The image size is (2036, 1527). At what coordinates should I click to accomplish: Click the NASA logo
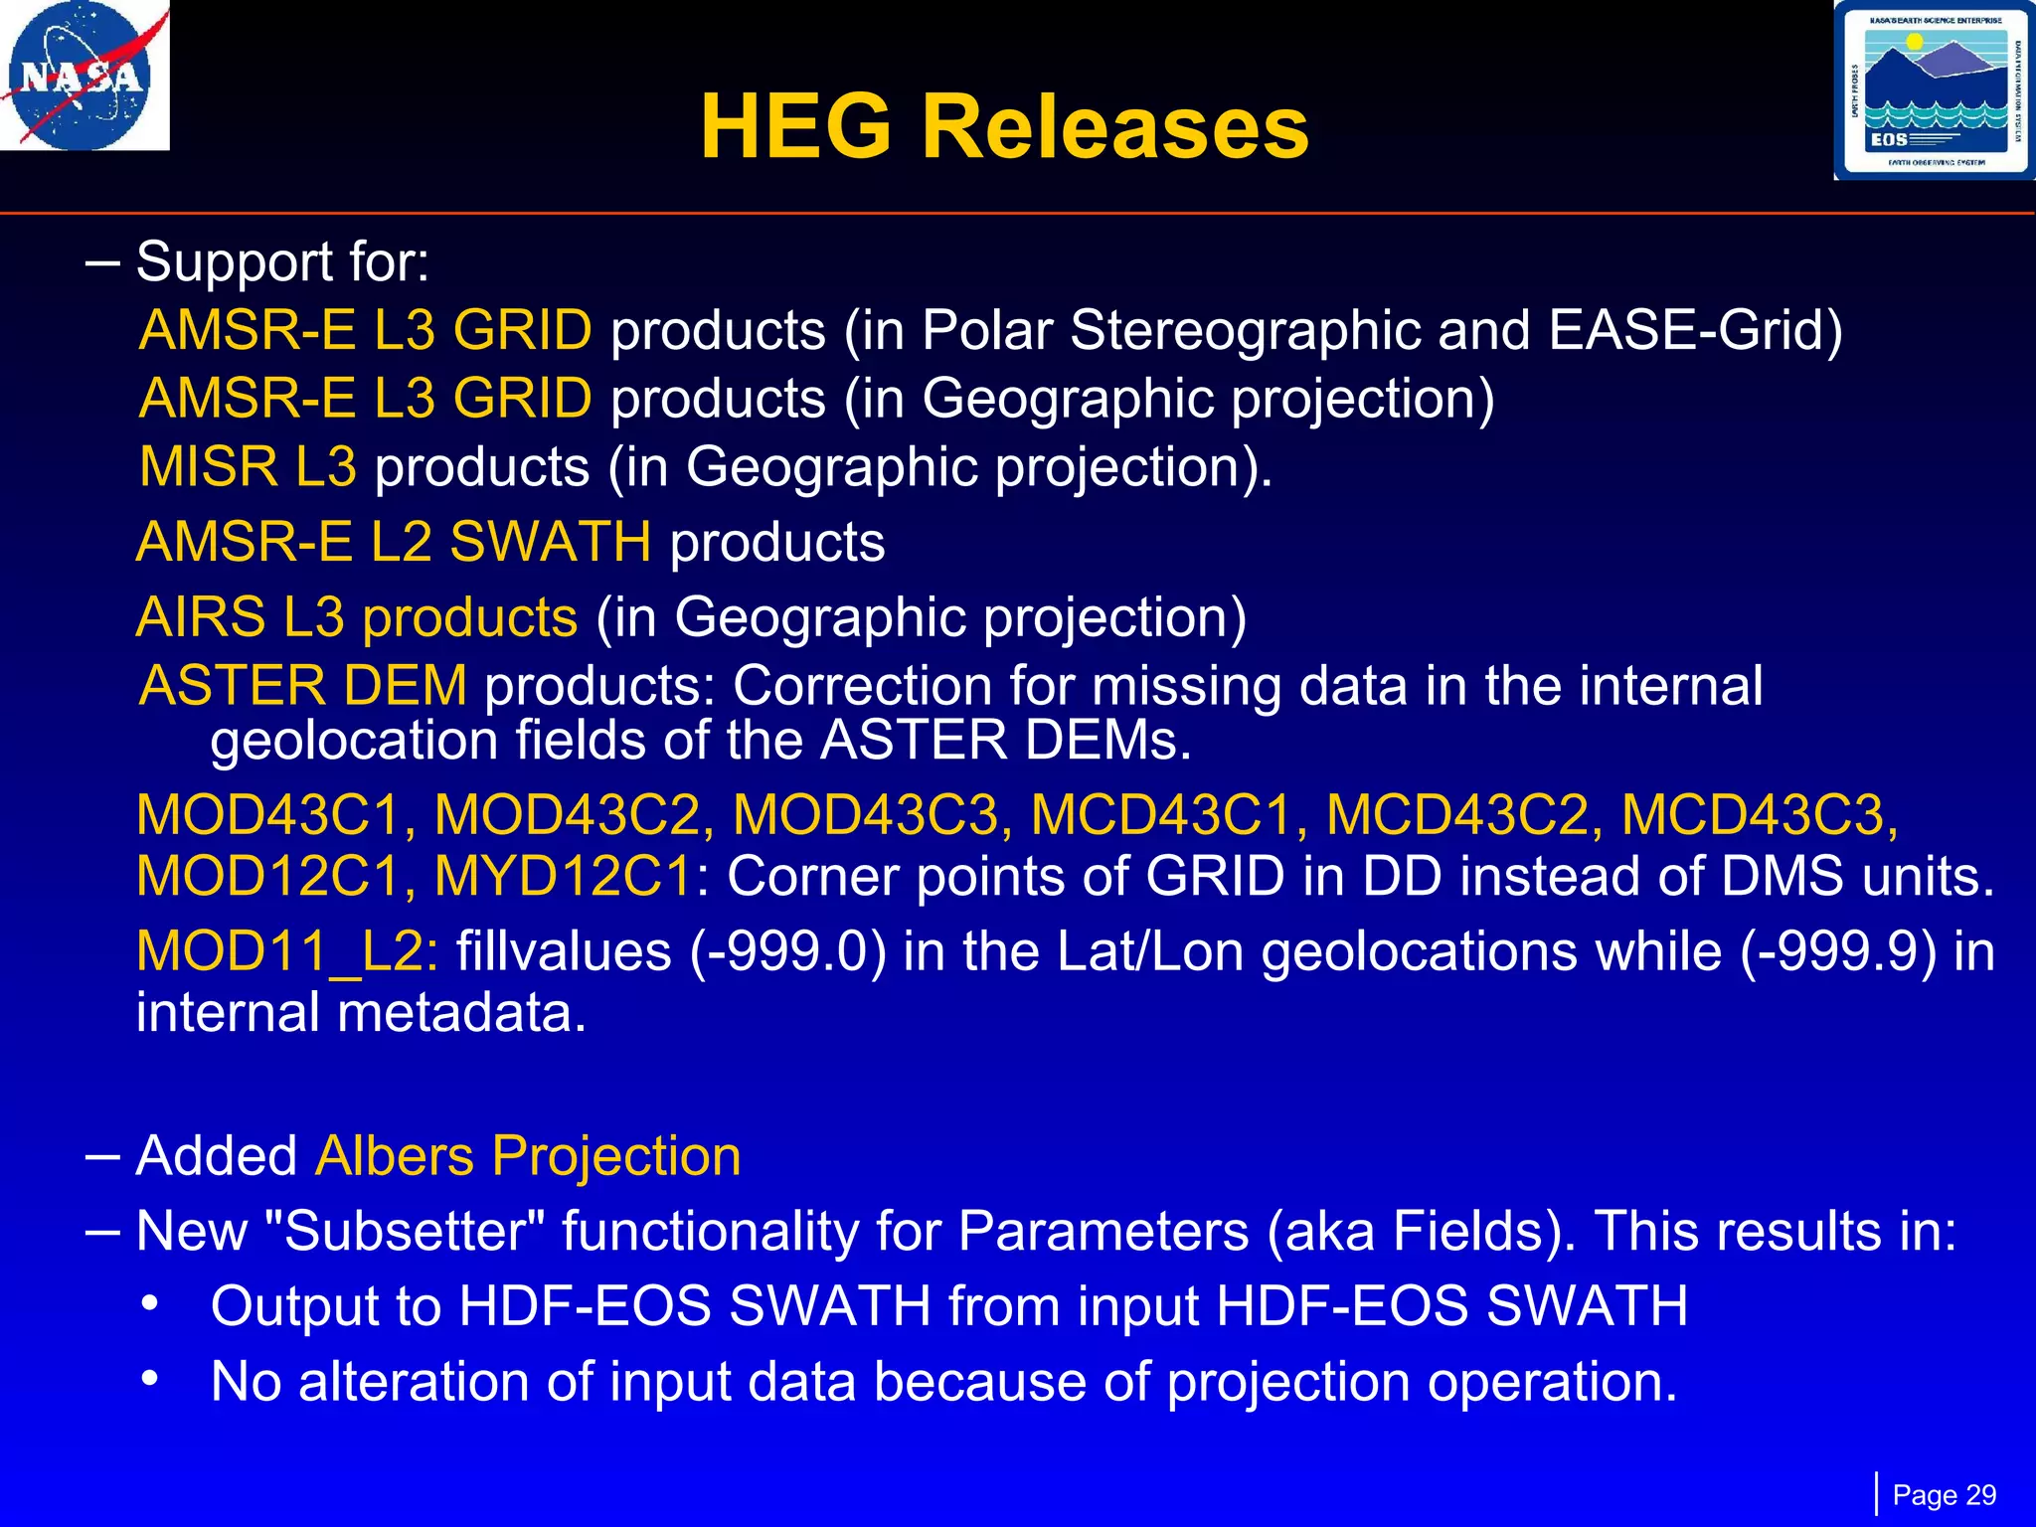[x=85, y=76]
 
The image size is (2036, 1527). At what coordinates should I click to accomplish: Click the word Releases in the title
[x=1115, y=127]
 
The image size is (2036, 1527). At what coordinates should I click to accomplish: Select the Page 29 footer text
[x=1944, y=1495]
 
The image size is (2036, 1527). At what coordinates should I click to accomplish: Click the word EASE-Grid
[x=1695, y=330]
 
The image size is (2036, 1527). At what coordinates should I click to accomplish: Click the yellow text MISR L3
[x=248, y=466]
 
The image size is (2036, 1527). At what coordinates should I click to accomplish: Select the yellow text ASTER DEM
[x=303, y=686]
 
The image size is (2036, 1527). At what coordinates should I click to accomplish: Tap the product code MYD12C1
[x=564, y=877]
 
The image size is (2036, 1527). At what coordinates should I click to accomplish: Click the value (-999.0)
[x=787, y=951]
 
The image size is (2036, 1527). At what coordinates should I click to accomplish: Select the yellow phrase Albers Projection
[x=528, y=1156]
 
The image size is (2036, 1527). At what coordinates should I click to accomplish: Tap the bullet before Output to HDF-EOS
[x=149, y=1303]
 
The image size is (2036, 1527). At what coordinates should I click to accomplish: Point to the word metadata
[x=461, y=1013]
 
